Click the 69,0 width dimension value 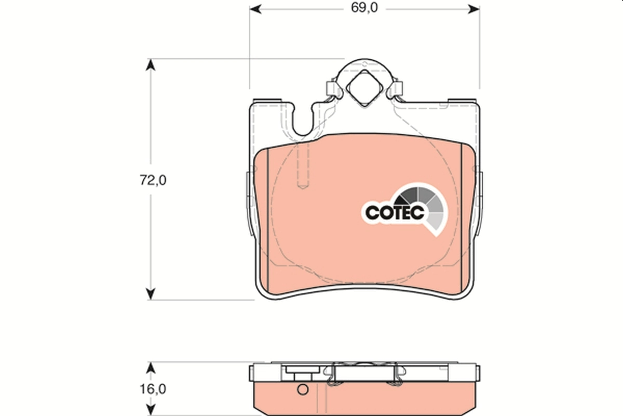(x=364, y=8)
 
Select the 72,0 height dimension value (x=153, y=180)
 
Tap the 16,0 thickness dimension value (x=153, y=388)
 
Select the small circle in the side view (x=302, y=389)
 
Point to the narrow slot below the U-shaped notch (x=302, y=166)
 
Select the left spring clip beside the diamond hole (x=331, y=90)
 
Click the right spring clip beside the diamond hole (x=397, y=90)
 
